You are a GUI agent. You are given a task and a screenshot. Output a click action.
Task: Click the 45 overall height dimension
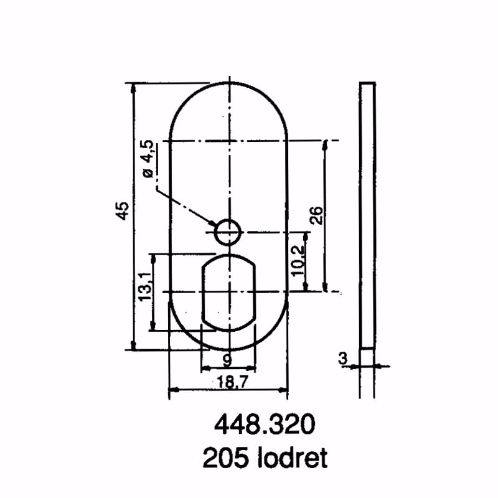pos(123,210)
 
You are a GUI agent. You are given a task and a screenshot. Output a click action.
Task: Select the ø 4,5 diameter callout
pos(148,160)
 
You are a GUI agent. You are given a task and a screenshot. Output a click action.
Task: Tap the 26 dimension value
pos(316,215)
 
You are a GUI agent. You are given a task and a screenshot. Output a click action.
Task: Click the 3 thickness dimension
pos(342,358)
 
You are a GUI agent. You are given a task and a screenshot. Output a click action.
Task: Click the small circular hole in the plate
pos(228,232)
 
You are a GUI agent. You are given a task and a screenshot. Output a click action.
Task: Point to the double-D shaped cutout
pos(228,291)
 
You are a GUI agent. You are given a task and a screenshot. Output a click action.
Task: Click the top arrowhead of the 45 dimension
pos(133,87)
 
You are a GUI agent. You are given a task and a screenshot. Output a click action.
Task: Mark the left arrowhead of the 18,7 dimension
pos(174,390)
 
